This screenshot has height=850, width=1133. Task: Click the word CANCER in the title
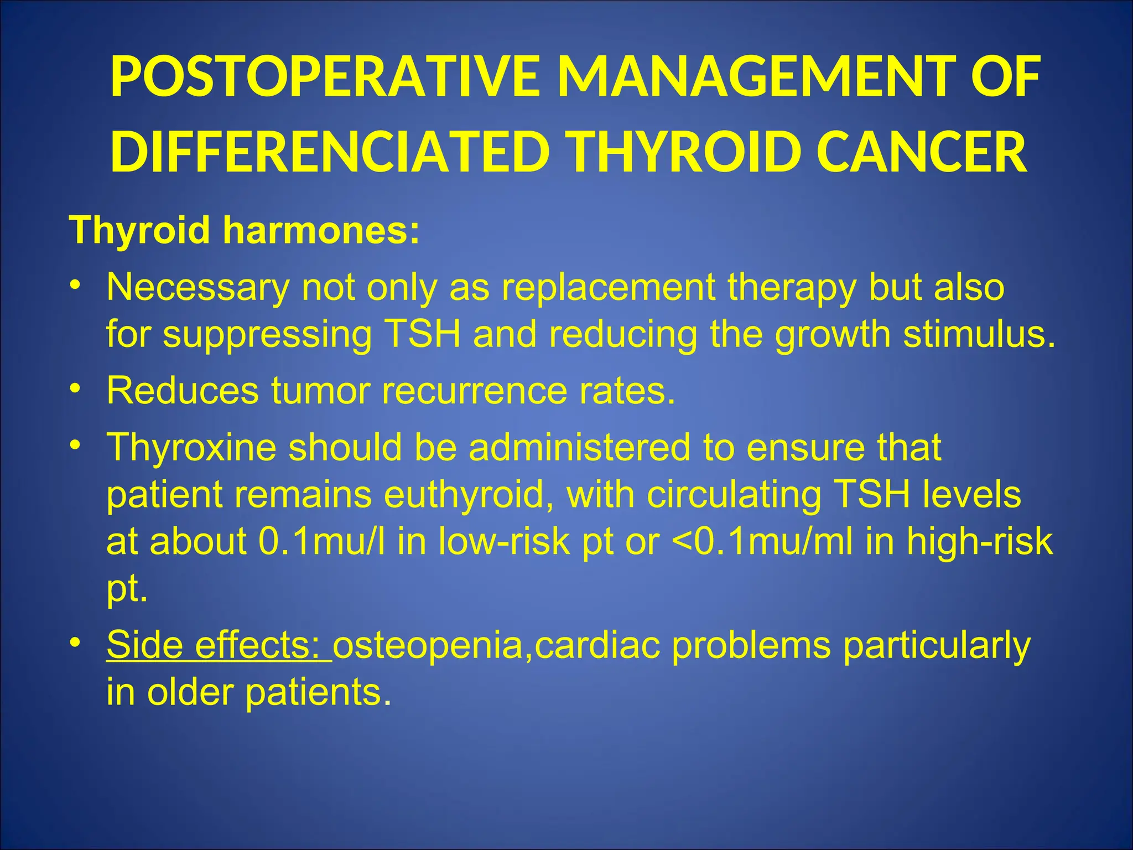[x=921, y=152]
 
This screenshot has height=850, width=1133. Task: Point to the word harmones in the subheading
[x=321, y=230]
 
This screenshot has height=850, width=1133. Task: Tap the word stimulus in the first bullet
[x=979, y=334]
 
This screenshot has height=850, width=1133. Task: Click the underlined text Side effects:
[x=219, y=645]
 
